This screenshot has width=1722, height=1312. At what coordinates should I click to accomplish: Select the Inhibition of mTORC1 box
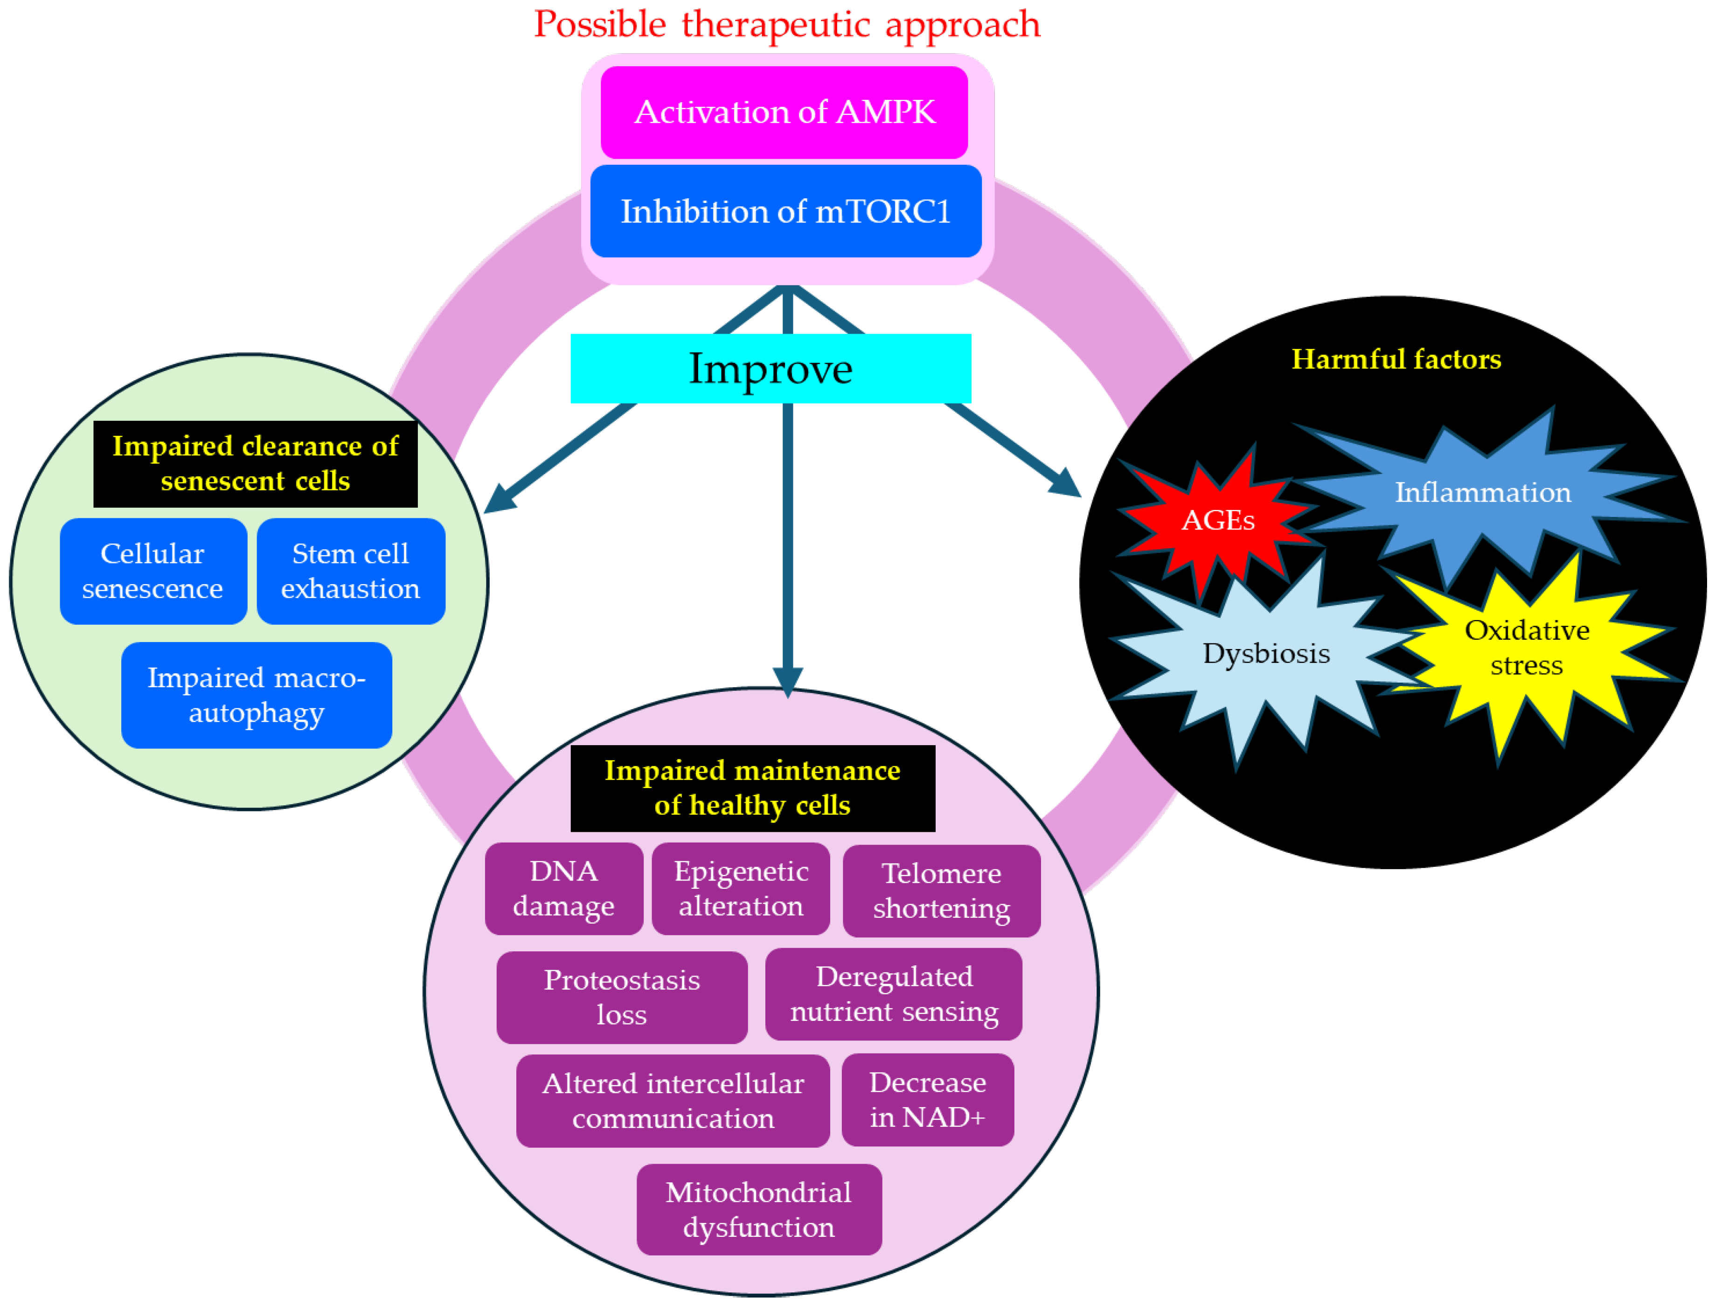(785, 211)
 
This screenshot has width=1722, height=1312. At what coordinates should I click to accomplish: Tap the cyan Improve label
(771, 369)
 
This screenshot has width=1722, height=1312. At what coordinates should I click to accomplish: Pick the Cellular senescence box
(153, 571)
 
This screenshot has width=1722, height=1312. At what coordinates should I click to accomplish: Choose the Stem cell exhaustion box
(350, 571)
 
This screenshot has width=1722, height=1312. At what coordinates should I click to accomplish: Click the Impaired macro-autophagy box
(256, 695)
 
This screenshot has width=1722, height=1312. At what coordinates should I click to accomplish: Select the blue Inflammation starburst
(1482, 494)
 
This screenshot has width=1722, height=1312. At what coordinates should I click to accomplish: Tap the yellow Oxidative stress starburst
(1526, 648)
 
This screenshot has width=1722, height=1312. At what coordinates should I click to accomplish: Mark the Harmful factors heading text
(1396, 359)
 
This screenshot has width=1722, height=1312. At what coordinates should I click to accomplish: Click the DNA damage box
(563, 889)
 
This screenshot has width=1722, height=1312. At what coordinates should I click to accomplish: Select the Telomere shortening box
(941, 891)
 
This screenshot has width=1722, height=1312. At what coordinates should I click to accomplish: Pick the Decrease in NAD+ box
(927, 1100)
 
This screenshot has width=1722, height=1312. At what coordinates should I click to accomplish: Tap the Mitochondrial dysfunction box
(759, 1210)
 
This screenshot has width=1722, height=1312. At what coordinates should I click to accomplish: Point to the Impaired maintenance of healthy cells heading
(752, 788)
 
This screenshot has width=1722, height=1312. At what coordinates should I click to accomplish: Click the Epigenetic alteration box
(741, 889)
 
